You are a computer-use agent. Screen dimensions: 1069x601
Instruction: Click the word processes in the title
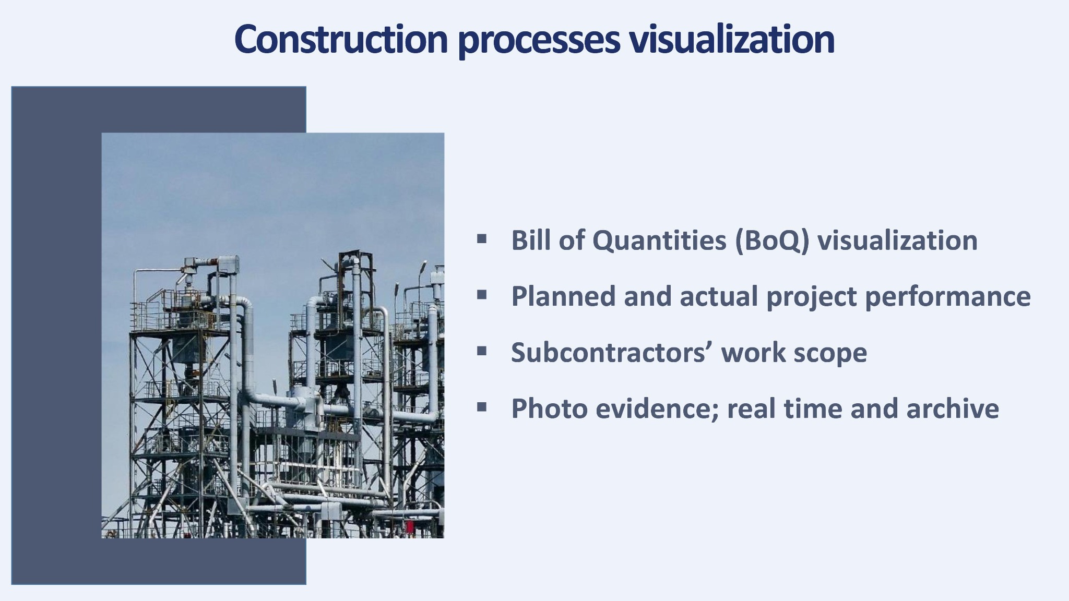pyautogui.click(x=539, y=42)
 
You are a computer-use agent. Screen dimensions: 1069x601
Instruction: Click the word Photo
pyautogui.click(x=550, y=408)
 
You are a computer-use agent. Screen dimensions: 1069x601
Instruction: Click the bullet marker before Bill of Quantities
pyautogui.click(x=482, y=240)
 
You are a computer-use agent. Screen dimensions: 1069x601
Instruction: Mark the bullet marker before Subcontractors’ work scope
pyautogui.click(x=482, y=352)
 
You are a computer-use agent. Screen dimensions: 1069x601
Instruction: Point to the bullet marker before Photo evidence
pyautogui.click(x=482, y=407)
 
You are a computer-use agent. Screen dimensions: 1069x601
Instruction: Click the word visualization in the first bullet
pyautogui.click(x=898, y=240)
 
